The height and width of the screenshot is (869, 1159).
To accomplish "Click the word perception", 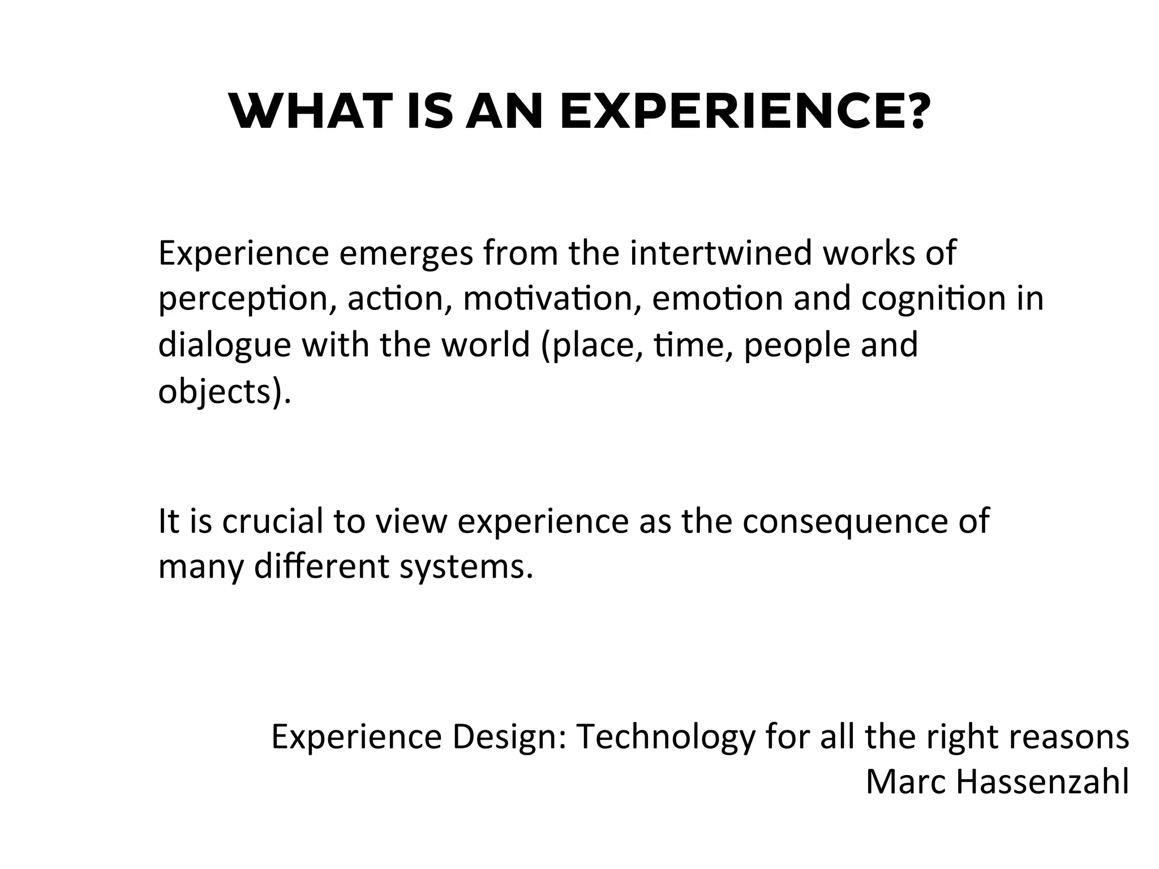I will pyautogui.click(x=243, y=300).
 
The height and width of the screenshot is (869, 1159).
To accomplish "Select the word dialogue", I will pyautogui.click(x=224, y=345).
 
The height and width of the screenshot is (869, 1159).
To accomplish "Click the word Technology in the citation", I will pyautogui.click(x=666, y=737).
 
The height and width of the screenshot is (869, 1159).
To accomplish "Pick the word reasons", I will pyautogui.click(x=1069, y=737).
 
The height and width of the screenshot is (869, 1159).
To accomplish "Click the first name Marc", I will pyautogui.click(x=906, y=782).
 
